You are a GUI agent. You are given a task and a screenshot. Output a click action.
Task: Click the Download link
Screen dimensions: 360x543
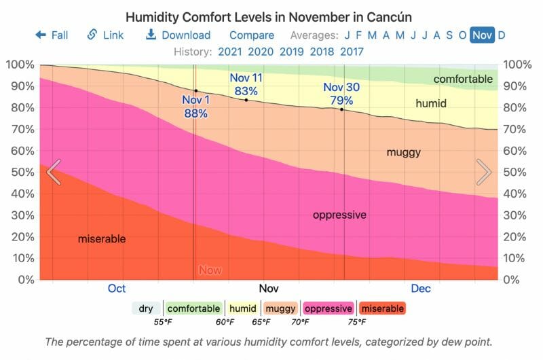point(179,35)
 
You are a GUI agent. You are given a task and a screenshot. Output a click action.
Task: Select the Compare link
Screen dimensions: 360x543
point(252,35)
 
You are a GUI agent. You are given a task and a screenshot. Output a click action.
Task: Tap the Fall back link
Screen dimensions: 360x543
point(52,35)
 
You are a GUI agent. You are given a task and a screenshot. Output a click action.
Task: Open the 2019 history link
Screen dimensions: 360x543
point(292,51)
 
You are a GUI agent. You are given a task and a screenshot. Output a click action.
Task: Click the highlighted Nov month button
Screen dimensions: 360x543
point(482,35)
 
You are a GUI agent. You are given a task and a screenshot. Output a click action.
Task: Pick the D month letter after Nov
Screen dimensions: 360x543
point(502,35)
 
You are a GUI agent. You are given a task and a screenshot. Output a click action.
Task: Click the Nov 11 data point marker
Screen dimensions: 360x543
point(246,101)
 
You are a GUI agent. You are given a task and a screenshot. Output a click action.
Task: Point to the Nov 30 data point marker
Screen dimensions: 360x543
point(341,109)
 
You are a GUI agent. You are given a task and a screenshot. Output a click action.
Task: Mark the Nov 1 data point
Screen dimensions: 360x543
point(196,91)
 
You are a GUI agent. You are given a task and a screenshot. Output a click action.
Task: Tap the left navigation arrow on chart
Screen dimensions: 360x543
point(54,172)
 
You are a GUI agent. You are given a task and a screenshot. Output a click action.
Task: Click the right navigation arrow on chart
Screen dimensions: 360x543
point(484,172)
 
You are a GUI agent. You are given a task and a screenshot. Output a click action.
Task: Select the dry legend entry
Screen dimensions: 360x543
point(146,308)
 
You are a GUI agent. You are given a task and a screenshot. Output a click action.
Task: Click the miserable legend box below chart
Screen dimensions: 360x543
point(382,308)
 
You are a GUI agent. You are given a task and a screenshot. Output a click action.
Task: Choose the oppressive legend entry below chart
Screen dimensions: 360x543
point(329,308)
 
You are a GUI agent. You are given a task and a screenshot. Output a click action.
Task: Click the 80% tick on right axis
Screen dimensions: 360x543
point(518,107)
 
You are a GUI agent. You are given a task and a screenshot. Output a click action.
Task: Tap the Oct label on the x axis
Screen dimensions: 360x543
point(117,289)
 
